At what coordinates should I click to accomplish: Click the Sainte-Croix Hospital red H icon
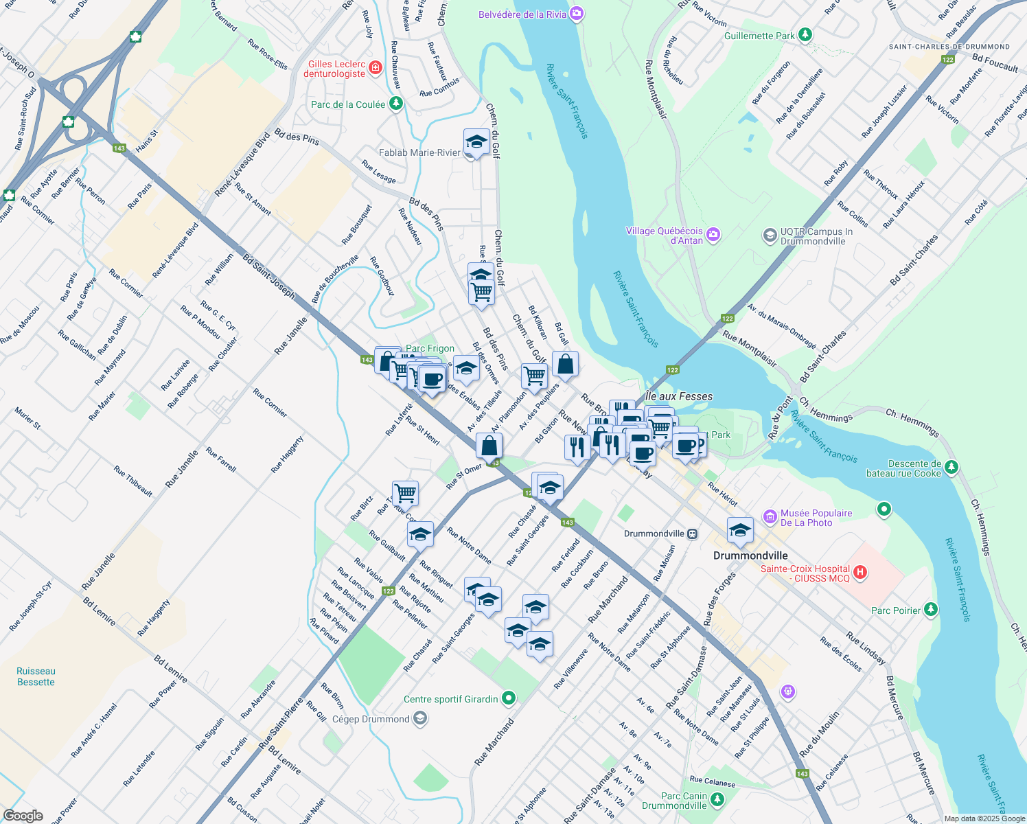(x=861, y=572)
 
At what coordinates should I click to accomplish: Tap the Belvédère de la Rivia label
(x=522, y=14)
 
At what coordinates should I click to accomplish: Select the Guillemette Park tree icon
(x=805, y=35)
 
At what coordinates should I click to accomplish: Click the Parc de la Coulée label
(x=348, y=104)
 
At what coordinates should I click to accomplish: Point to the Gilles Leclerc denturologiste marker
(x=375, y=67)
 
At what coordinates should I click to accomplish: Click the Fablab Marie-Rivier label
(x=419, y=152)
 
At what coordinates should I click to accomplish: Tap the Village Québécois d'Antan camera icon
(x=713, y=235)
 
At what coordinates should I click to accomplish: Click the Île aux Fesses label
(x=679, y=396)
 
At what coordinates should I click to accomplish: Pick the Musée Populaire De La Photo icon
(x=770, y=516)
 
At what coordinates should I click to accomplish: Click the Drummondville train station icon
(x=693, y=534)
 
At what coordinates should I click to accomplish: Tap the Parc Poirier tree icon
(x=930, y=610)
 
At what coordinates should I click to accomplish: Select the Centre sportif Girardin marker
(x=508, y=699)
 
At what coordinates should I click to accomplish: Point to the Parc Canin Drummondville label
(x=674, y=801)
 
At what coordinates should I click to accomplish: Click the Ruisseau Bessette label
(x=36, y=676)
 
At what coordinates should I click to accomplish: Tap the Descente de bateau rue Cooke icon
(x=951, y=468)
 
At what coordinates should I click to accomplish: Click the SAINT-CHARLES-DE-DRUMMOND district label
(x=949, y=47)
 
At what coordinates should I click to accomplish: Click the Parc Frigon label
(x=430, y=348)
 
